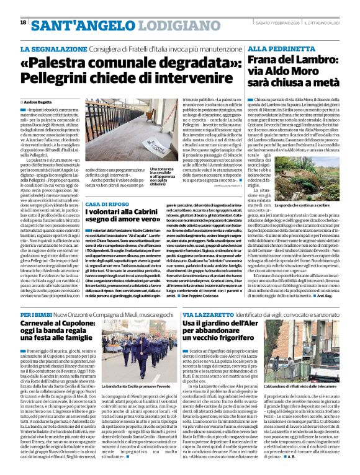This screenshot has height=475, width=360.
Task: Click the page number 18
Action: tap(23, 22)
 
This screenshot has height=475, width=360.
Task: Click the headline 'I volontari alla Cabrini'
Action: tap(127, 213)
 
